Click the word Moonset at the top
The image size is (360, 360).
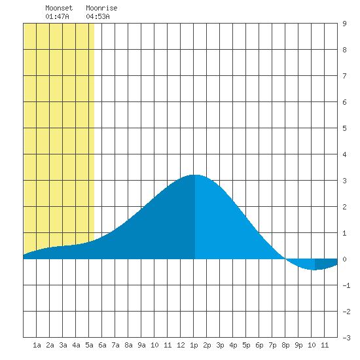click(59, 8)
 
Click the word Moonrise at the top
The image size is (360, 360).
click(101, 8)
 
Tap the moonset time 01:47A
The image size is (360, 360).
click(57, 16)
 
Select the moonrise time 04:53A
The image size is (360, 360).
click(98, 16)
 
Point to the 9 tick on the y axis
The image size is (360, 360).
click(344, 24)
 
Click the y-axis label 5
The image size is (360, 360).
click(344, 128)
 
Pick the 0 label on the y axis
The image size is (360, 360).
click(344, 259)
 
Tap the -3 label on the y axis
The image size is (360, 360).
click(346, 338)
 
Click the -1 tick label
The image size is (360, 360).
click(346, 285)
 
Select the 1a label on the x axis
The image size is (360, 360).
click(37, 345)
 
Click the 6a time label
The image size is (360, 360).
click(102, 345)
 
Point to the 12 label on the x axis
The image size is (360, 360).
click(181, 345)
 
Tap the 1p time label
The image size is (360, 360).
click(194, 345)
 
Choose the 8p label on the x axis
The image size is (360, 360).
click(285, 345)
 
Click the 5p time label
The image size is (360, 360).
click(246, 345)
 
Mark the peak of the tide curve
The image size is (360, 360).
click(195, 175)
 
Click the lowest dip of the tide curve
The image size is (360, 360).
click(315, 270)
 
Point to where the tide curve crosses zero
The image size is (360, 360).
click(285, 259)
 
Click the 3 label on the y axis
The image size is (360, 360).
click(344, 181)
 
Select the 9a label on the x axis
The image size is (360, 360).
click(141, 345)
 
